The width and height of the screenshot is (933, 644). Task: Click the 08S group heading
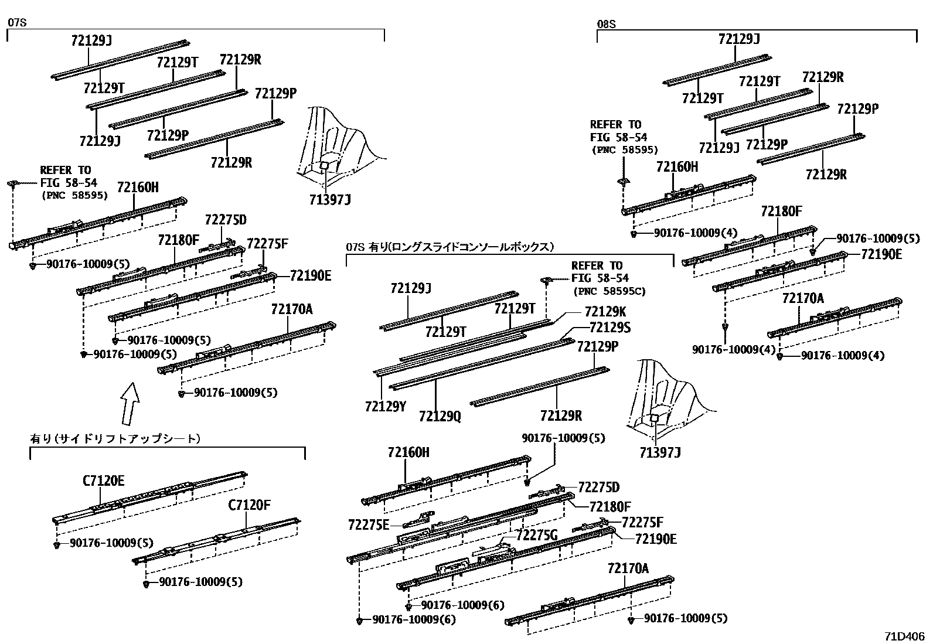click(606, 25)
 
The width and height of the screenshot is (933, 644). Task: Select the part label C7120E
click(103, 481)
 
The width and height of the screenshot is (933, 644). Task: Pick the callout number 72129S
click(609, 328)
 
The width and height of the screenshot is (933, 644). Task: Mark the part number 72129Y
click(385, 406)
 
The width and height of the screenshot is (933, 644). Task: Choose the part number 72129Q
click(440, 415)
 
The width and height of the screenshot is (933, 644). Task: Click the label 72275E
click(368, 524)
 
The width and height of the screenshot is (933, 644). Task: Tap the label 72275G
click(536, 534)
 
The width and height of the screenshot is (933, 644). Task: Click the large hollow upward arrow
click(130, 403)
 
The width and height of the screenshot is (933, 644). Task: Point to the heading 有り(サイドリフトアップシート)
click(115, 438)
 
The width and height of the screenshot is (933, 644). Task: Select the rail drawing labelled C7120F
click(217, 539)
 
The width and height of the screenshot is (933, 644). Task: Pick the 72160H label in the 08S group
click(677, 167)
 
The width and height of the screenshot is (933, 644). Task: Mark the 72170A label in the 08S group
click(802, 299)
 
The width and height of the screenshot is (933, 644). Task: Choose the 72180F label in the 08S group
click(781, 212)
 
